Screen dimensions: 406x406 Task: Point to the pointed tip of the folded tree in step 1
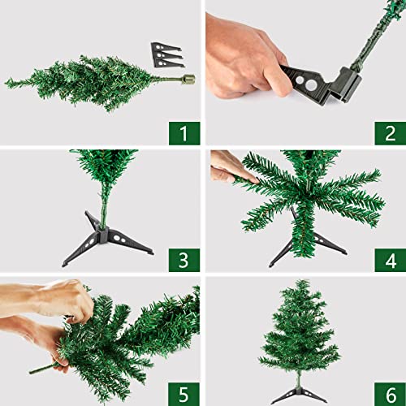(x=10, y=82)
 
